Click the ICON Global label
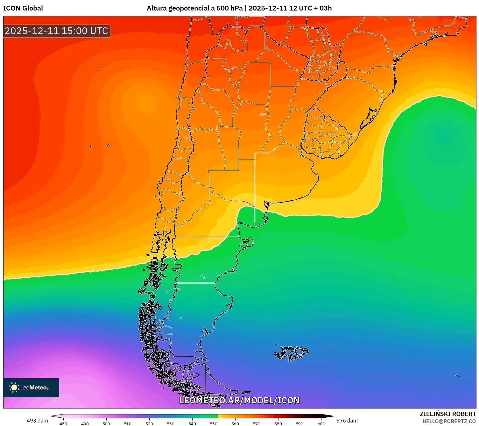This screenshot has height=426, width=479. coord(23,8)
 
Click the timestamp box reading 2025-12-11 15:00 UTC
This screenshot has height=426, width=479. coord(56,31)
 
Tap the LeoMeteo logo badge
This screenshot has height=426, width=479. coord(31,387)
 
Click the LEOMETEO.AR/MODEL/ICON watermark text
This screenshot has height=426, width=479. coord(239,400)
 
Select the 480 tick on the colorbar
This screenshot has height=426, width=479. coord(63,423)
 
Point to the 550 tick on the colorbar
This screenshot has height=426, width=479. coord(214,423)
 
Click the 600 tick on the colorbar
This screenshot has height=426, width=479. coord(321,423)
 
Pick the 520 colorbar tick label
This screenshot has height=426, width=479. coord(149,423)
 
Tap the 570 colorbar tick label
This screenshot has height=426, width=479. coord(257,423)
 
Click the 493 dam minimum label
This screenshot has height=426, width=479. coord(37,421)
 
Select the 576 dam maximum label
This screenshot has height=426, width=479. coord(347,421)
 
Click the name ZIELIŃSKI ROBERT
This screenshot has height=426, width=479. coord(447,414)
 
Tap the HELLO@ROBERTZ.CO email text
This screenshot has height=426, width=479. coord(449,421)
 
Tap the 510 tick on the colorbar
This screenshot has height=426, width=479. coord(128,423)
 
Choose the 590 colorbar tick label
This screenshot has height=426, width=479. coord(299,423)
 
